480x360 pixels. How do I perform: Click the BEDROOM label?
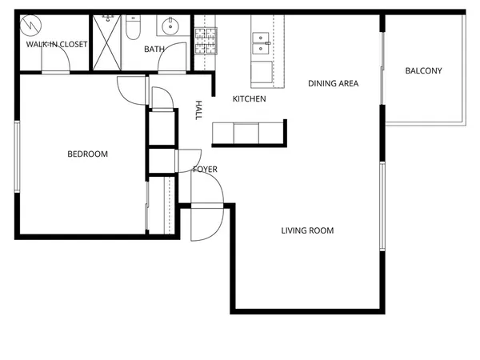click(87, 154)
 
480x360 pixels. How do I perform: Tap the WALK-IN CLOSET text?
click(56, 45)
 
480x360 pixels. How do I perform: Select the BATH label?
click(154, 50)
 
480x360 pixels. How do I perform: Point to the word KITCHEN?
click(249, 99)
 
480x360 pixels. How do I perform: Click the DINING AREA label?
click(333, 83)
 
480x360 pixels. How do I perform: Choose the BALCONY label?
click(423, 71)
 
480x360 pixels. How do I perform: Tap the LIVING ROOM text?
click(307, 230)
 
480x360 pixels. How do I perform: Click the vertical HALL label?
click(199, 110)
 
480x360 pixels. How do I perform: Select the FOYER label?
click(205, 170)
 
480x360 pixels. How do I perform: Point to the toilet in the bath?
click(134, 29)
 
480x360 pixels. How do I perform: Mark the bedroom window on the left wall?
click(15, 156)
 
